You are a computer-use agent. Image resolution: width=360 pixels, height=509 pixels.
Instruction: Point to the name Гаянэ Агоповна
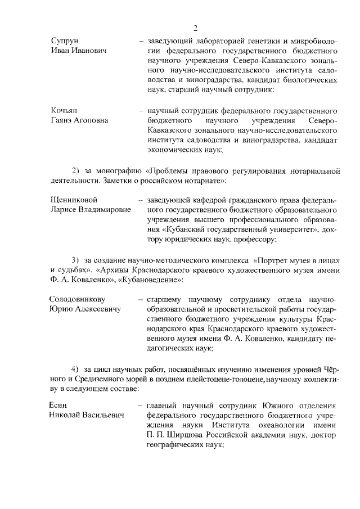(x=80, y=120)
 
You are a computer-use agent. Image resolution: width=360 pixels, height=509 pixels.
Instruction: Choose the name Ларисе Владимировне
(x=90, y=209)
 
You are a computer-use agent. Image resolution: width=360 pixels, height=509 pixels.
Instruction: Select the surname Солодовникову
(x=78, y=299)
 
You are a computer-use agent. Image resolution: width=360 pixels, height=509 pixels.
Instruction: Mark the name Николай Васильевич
(x=88, y=416)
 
